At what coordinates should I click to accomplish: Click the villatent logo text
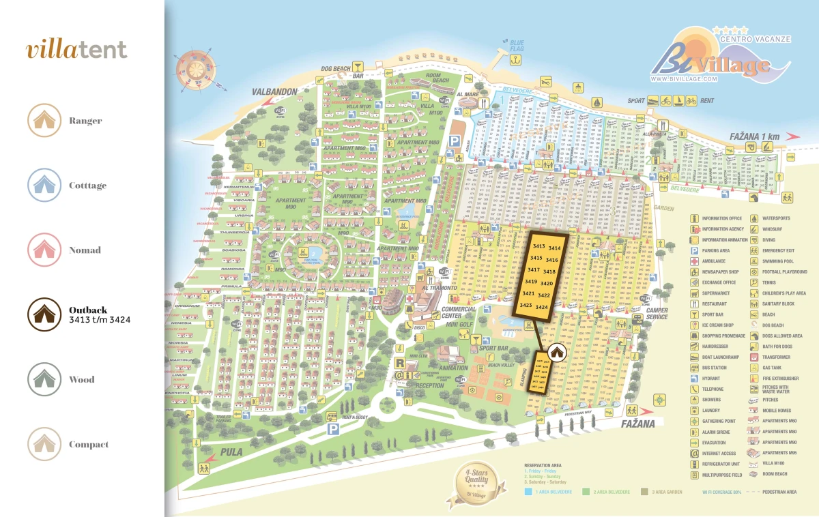[x=76, y=50]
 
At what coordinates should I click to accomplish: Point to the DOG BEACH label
[x=335, y=68]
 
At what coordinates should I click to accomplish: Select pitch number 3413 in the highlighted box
[x=539, y=247]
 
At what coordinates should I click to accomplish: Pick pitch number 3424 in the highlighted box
[x=542, y=308]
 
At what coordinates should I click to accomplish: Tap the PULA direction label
[x=231, y=452]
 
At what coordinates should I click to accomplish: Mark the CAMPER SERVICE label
[x=657, y=314]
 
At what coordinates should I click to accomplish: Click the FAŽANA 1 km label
[x=754, y=136]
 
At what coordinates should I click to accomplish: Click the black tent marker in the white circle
[x=557, y=352]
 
